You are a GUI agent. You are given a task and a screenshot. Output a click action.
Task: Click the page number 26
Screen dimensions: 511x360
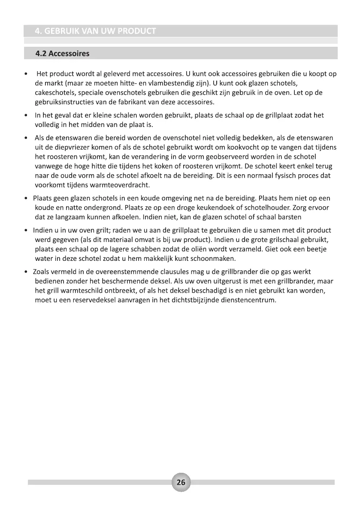pos(181,482)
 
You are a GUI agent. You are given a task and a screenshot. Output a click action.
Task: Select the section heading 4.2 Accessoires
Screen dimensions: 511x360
pos(63,54)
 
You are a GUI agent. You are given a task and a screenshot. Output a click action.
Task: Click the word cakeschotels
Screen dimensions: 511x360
pos(54,93)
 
